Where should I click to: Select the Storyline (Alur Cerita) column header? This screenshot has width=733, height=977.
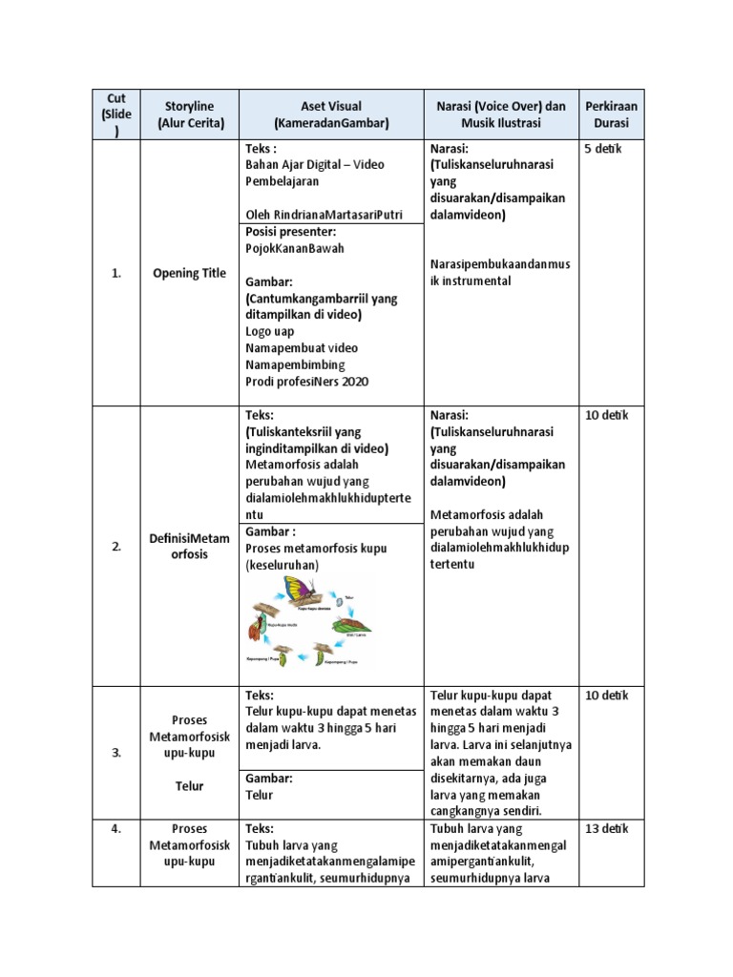point(190,114)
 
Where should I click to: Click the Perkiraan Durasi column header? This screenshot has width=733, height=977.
point(611,114)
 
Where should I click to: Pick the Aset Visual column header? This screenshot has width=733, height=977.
point(330,114)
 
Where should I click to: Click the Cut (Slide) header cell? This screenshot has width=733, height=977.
point(116,114)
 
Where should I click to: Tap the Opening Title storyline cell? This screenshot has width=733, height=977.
point(190,273)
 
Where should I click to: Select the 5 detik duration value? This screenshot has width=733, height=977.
point(603,149)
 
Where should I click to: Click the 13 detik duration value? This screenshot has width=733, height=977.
point(606,829)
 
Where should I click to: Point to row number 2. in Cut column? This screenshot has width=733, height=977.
point(116,547)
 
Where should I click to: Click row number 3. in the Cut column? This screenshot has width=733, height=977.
point(116,753)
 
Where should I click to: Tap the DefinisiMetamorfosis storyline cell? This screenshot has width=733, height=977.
point(190,547)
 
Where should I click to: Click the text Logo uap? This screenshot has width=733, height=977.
point(270,332)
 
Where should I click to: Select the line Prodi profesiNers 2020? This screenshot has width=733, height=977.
point(306,382)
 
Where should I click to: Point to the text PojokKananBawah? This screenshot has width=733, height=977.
point(295,248)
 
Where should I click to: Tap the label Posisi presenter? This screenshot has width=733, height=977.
point(291,232)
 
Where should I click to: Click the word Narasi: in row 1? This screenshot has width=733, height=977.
point(450,149)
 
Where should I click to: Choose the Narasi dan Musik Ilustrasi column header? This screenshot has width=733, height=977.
point(500,114)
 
